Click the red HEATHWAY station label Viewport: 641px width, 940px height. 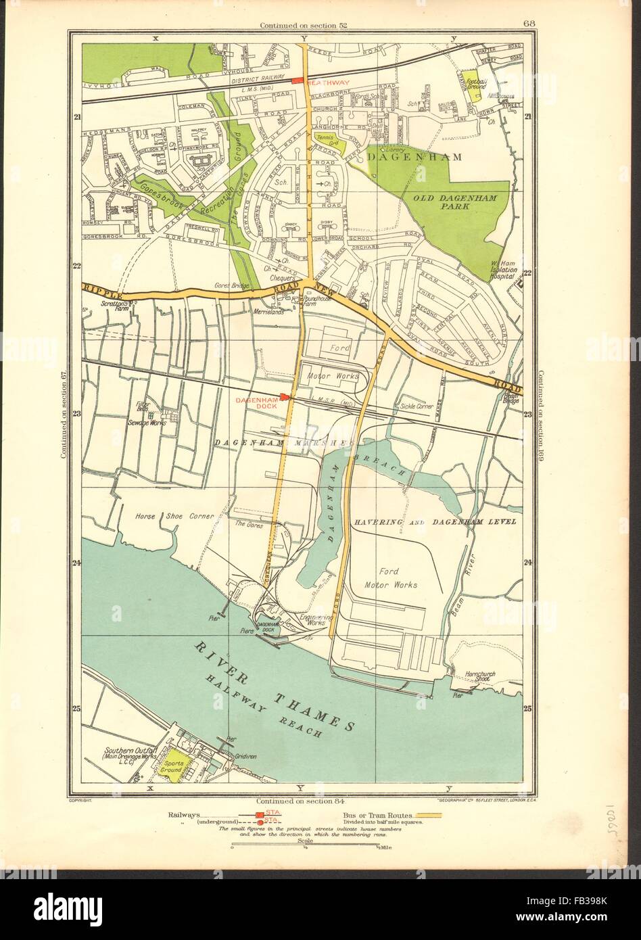coord(328,82)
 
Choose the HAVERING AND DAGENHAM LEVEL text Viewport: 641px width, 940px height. coord(434,522)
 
